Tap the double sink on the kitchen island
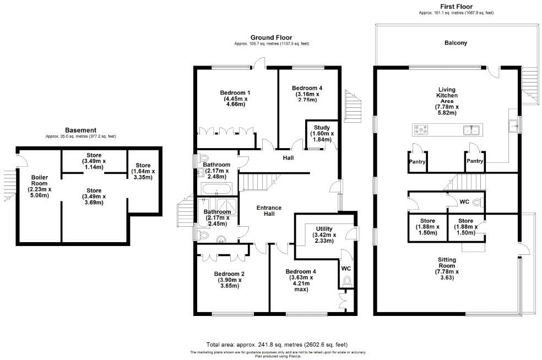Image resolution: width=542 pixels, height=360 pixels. click(470, 130)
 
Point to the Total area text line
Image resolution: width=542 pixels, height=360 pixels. click(277, 344)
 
